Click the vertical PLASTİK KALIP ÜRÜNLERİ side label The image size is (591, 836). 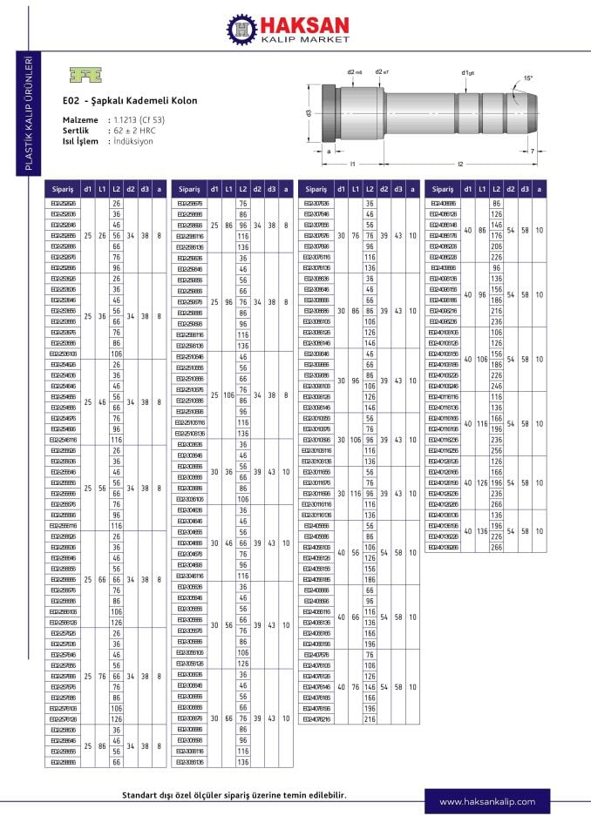click(x=28, y=113)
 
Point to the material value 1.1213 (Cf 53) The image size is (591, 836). click(x=142, y=118)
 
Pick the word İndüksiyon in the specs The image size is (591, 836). click(x=134, y=140)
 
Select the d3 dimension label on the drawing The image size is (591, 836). click(x=309, y=112)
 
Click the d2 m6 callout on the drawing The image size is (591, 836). click(x=354, y=71)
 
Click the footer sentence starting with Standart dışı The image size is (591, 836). click(x=234, y=795)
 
